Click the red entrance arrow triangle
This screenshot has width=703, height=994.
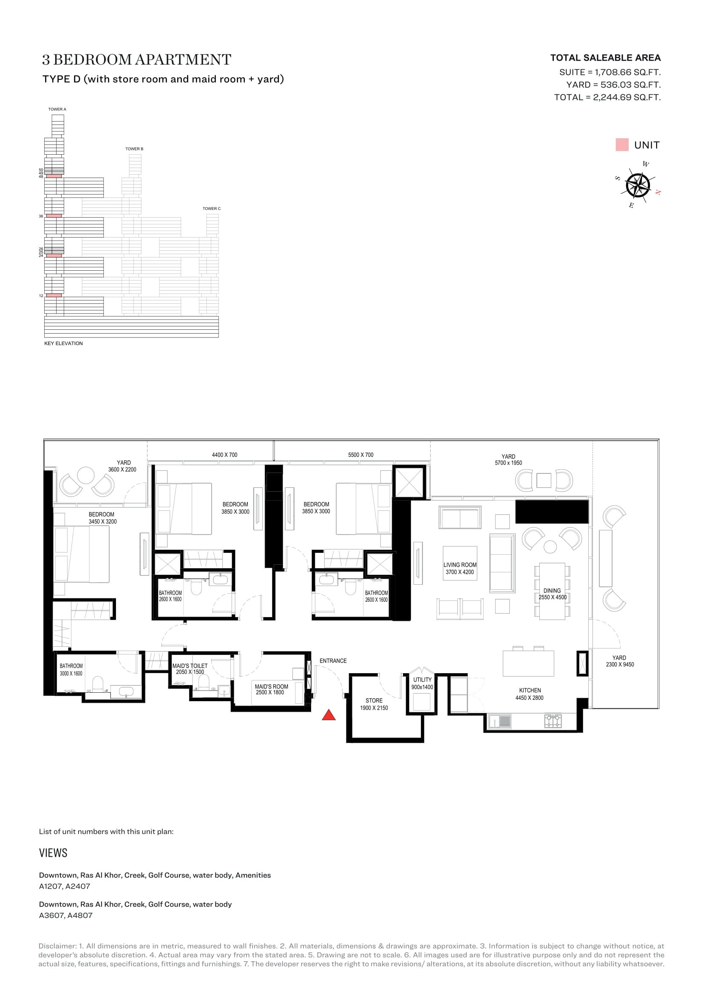click(x=329, y=715)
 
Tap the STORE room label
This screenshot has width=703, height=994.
click(x=374, y=700)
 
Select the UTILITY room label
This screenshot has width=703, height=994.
click(x=422, y=680)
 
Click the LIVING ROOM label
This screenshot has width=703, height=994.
click(x=460, y=565)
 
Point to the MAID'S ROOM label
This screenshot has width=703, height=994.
click(x=272, y=687)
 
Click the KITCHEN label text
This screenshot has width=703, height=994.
click(x=530, y=691)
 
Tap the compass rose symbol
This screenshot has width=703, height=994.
click(x=638, y=185)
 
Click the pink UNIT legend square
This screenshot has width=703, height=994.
click(x=622, y=144)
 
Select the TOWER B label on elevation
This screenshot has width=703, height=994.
click(x=134, y=149)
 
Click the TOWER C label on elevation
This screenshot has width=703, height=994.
click(x=212, y=209)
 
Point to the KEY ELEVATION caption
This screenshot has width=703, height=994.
click(x=64, y=343)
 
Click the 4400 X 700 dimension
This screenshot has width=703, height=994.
click(x=225, y=455)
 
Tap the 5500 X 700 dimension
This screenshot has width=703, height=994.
click(x=360, y=455)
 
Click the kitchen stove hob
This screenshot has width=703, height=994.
click(x=553, y=721)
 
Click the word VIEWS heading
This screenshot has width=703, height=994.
click(x=53, y=853)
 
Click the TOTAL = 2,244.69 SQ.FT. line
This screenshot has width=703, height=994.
click(x=607, y=97)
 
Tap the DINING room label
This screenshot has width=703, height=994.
click(x=552, y=591)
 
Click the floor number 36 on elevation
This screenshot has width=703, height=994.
click(x=41, y=216)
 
